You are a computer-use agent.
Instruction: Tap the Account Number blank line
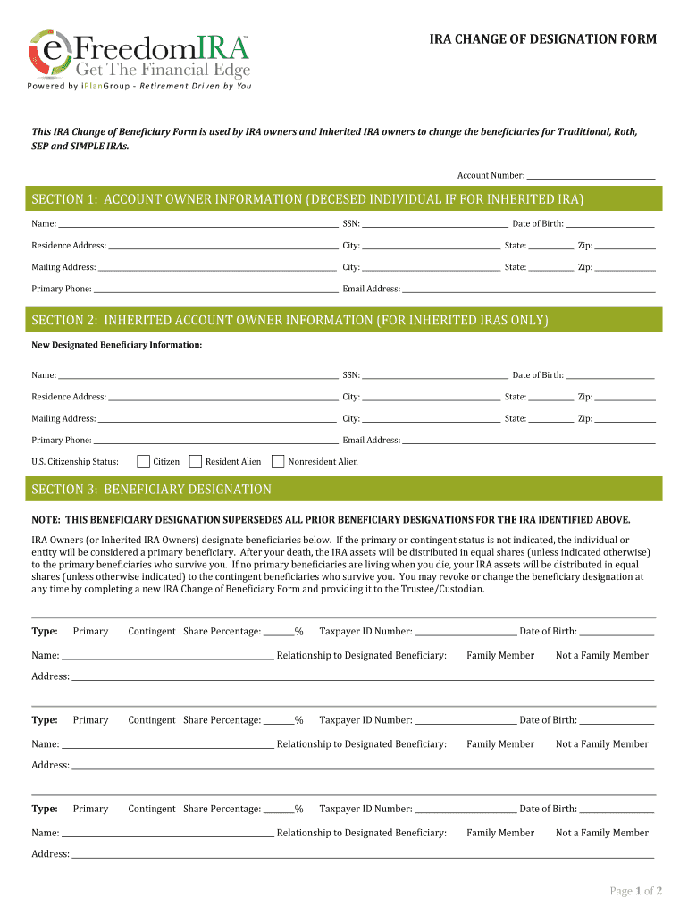coord(591,176)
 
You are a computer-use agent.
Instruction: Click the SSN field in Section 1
coord(435,225)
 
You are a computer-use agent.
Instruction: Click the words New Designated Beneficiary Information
coord(117,345)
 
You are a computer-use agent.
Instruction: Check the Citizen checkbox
coord(143,462)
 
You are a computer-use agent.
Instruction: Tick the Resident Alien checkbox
coord(196,462)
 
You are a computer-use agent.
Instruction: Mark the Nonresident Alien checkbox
coord(278,462)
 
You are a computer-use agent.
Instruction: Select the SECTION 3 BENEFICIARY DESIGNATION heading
coord(152,490)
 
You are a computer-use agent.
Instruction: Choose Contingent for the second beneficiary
coord(152,720)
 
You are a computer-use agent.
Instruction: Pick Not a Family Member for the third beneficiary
coord(601,833)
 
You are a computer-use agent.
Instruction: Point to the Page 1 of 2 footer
coord(635,891)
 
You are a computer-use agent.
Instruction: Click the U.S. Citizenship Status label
coord(75,462)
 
